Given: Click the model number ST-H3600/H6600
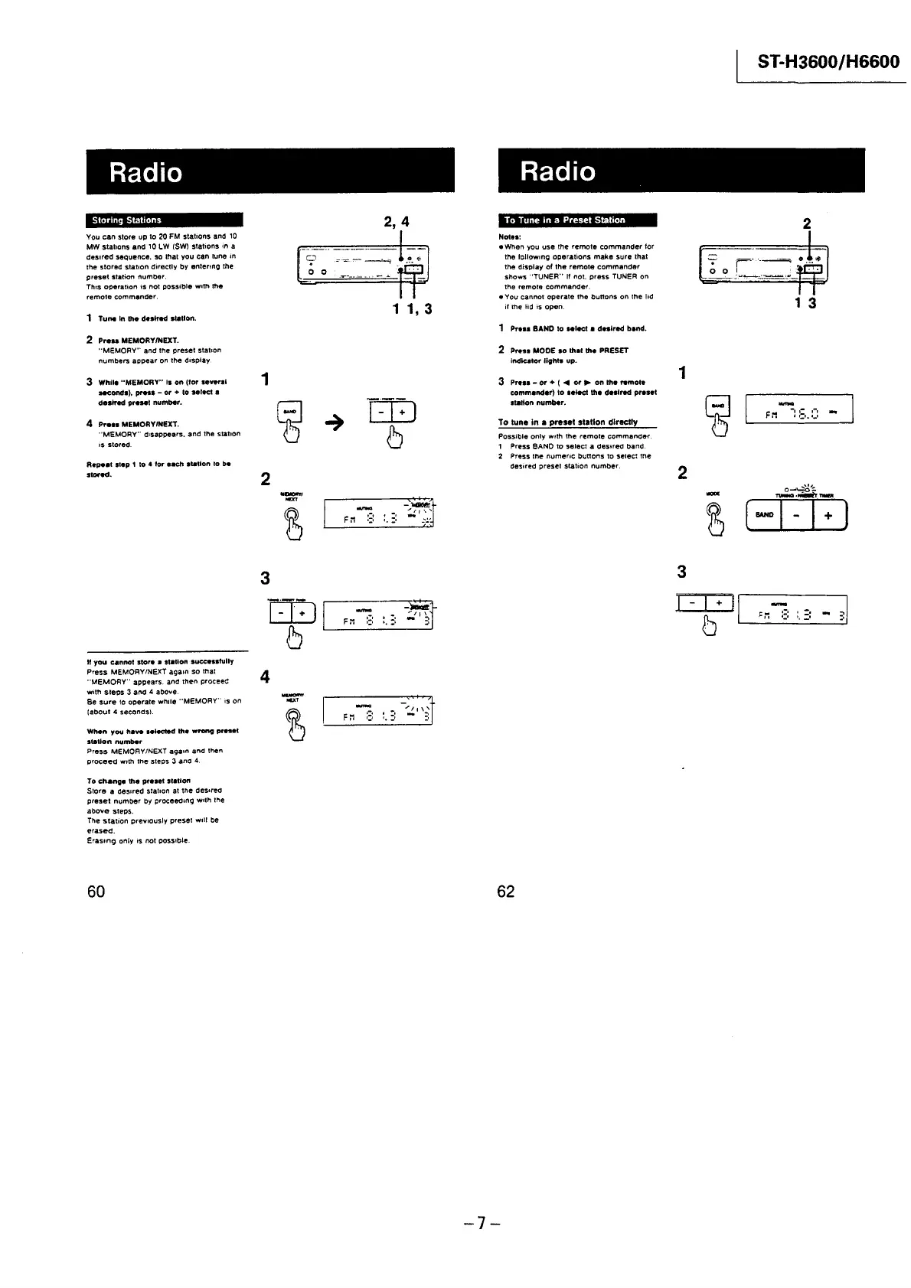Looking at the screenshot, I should (x=828, y=61).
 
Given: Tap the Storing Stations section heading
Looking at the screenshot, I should (x=127, y=220).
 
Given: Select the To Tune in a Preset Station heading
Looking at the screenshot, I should (x=564, y=220).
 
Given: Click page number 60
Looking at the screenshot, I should (x=96, y=891).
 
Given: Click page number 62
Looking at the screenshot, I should (x=506, y=891).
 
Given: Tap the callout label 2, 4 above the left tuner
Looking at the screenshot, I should (x=396, y=222).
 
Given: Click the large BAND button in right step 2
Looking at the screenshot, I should (x=764, y=515).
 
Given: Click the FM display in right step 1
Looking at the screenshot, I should (x=798, y=409).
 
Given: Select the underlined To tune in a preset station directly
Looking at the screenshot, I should (x=567, y=422).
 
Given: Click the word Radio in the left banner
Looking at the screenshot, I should (x=145, y=171).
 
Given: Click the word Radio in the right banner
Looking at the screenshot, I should (x=557, y=171).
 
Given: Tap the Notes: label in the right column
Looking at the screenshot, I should (x=509, y=237).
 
